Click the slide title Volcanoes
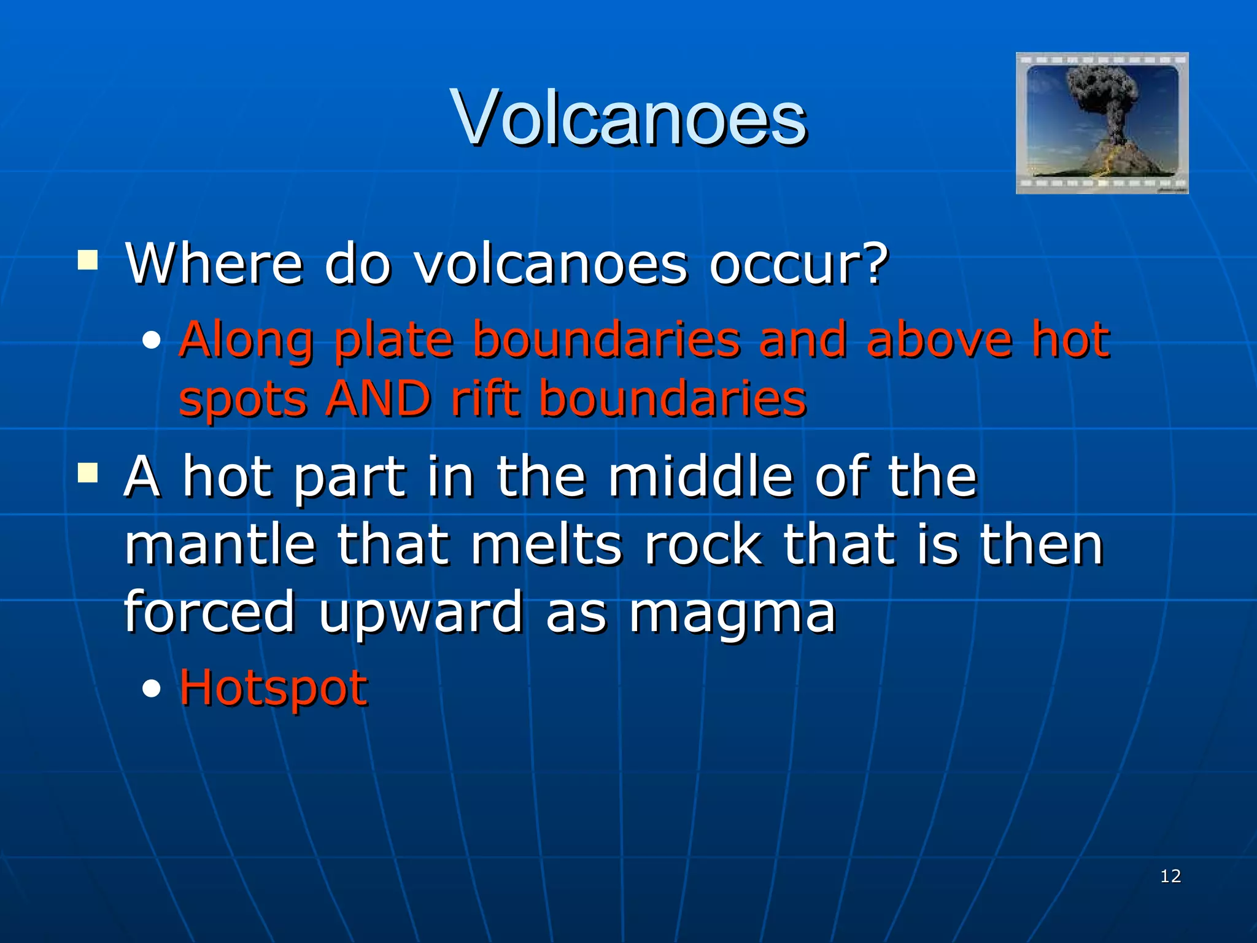tap(628, 118)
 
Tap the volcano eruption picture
tap(1102, 123)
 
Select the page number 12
tap(1170, 876)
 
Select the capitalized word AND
tap(379, 399)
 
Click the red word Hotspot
tap(274, 688)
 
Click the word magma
tap(732, 614)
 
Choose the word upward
tap(420, 614)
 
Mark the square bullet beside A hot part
tap(88, 473)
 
